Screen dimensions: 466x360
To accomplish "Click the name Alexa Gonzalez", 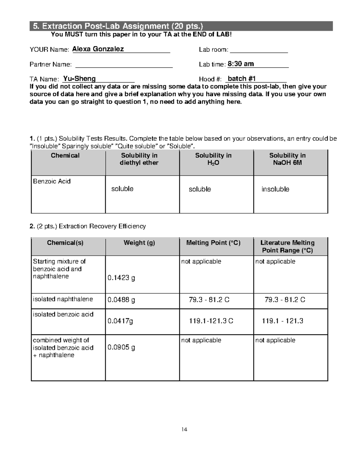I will pos(98,49).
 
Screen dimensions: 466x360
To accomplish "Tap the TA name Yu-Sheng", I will pos(79,79).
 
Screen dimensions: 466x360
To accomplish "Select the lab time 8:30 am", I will pos(241,64).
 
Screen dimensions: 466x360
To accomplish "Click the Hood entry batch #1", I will pos(241,79).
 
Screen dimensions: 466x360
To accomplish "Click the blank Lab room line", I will pos(259,50).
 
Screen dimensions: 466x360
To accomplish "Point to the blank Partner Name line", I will pos(124,65).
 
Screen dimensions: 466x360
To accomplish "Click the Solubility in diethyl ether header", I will pos(139,159).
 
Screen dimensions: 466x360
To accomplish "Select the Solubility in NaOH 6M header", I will pos(287,159).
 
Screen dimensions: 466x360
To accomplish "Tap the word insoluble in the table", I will pos(275,189).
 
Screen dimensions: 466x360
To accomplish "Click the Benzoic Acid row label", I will pos(52,181).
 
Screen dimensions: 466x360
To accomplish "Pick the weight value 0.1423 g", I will pos(121,278).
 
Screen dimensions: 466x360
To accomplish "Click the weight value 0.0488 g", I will pos(121,300).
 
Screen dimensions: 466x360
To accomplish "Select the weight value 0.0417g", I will pos(120,321).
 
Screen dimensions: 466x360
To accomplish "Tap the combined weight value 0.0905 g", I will pos(121,347).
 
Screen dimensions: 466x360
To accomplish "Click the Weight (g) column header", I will pos(139,243).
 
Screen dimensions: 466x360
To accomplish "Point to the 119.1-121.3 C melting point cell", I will pos(211,321).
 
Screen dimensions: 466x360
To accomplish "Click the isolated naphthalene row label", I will pos(63,299).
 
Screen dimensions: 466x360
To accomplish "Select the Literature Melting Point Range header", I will pos(287,246).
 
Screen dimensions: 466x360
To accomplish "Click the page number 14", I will pos(184,429).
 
